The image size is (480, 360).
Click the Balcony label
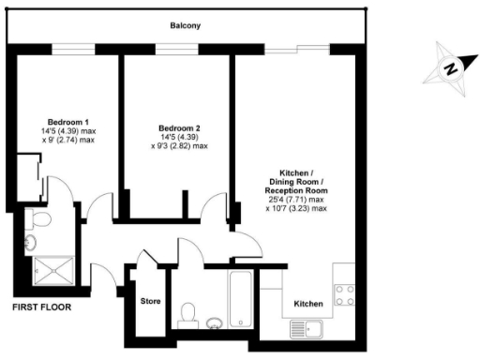coord(184,26)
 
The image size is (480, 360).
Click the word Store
coord(150,302)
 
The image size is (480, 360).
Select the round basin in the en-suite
coord(31,243)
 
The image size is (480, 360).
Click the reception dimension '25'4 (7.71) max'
coord(296,199)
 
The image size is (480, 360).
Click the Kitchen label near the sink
coord(308,305)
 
